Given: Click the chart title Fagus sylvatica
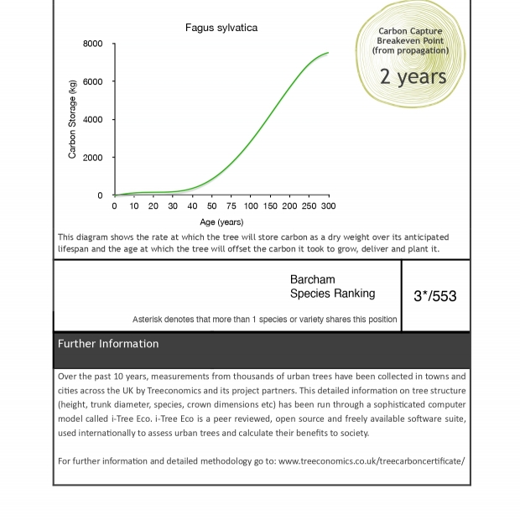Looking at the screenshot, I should [x=221, y=28].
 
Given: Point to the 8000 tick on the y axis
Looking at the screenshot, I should [x=93, y=44].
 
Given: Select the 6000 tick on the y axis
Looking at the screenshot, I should [x=93, y=81].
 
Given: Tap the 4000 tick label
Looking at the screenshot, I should [x=93, y=120].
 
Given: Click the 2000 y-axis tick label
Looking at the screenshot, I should [x=93, y=158].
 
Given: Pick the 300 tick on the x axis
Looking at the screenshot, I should [x=328, y=206].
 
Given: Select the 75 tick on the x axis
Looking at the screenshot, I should [x=231, y=206].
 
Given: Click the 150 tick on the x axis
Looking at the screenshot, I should [x=270, y=206].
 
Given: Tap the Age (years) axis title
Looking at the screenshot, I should [x=221, y=222].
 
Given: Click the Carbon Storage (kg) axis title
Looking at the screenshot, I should [x=73, y=119].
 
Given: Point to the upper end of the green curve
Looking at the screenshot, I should [x=328, y=53].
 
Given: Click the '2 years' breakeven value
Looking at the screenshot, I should [x=413, y=76].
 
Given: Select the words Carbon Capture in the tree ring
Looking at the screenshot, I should [x=410, y=31].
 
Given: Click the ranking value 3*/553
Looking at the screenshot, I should [x=435, y=296].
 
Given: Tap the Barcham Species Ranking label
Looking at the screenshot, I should [x=332, y=287].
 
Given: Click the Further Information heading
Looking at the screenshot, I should [x=108, y=344].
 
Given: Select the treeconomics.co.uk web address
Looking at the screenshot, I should [x=372, y=461].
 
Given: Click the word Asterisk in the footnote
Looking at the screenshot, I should [x=149, y=320].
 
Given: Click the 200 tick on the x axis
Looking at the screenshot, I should [x=289, y=206].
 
